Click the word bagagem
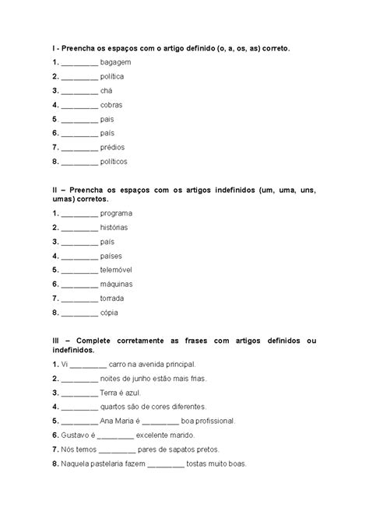click(x=115, y=62)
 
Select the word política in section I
click(x=112, y=76)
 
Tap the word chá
click(x=107, y=90)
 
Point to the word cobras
click(x=111, y=104)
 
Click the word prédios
click(x=113, y=147)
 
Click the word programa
click(x=116, y=213)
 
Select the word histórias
click(x=114, y=227)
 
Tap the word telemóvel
click(x=118, y=270)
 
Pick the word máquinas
click(x=118, y=284)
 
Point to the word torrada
click(x=113, y=298)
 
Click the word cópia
click(x=110, y=312)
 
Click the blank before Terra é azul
click(x=79, y=393)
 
